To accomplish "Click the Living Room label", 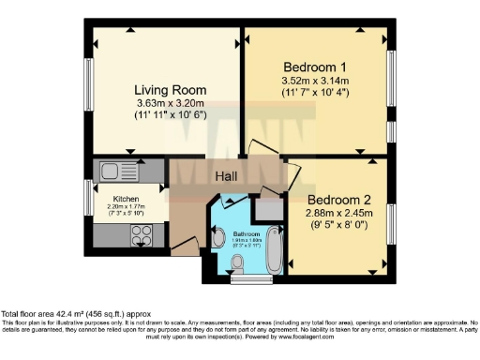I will click(170, 90).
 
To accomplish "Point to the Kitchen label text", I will click(127, 200).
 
